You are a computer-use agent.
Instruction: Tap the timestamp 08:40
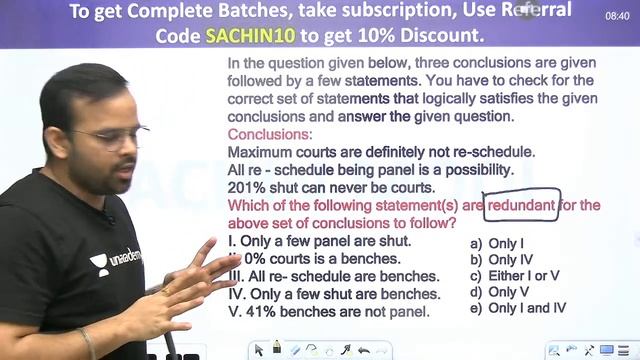point(618,16)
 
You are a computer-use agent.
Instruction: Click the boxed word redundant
point(521,204)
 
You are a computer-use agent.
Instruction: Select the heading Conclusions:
point(270,134)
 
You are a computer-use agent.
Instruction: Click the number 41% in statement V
point(265,311)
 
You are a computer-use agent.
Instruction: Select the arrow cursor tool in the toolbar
point(259,349)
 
